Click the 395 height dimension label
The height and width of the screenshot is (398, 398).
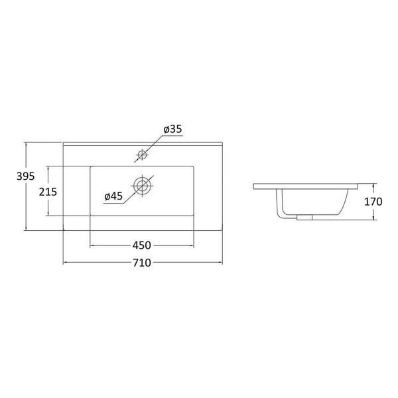[26, 176]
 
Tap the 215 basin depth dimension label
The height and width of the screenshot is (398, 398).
[48, 192]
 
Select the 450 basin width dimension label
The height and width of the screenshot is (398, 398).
[142, 245]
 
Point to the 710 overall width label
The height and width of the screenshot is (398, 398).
[142, 263]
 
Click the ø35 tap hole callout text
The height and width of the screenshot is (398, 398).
[173, 129]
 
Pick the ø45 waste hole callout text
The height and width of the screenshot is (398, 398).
[113, 196]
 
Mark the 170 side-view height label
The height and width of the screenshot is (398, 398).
[373, 202]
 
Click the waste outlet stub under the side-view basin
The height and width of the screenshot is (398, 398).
[304, 218]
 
